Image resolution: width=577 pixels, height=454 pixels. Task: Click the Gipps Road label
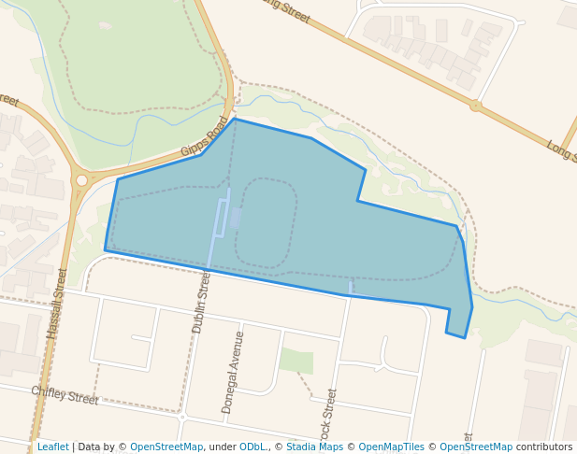205,136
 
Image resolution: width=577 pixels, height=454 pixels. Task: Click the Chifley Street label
65,395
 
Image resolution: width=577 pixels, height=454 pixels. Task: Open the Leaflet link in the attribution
52,447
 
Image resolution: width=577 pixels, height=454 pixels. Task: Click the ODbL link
252,447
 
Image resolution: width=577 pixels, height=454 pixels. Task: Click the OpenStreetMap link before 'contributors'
476,447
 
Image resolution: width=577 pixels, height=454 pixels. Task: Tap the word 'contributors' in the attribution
543,447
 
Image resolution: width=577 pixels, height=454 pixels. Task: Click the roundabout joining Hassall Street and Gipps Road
81,180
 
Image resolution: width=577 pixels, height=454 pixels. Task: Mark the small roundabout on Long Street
475,106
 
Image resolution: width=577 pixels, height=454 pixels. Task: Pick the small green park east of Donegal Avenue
296,361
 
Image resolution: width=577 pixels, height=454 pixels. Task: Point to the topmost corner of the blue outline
235,119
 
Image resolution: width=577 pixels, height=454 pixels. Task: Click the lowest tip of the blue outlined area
465,337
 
